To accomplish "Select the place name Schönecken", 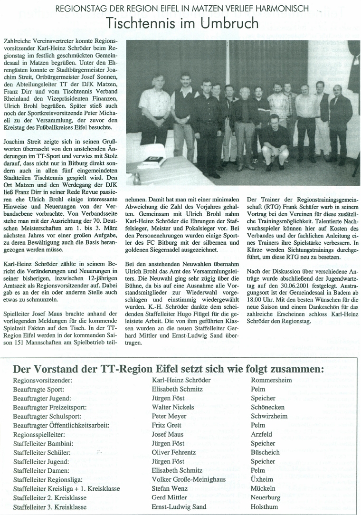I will (268, 407).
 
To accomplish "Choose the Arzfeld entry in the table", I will (261, 434).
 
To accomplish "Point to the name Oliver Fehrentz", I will (174, 452).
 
